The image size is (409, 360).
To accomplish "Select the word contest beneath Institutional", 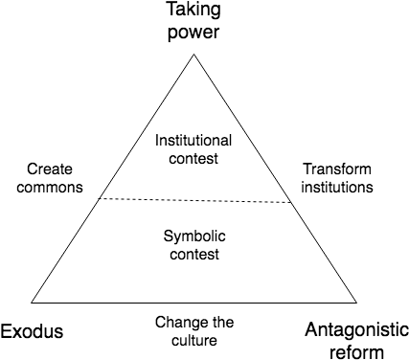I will (193, 158).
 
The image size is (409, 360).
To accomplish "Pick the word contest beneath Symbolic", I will (193, 255).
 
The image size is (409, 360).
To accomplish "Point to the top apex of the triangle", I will (194, 56).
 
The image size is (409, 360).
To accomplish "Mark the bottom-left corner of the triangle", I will (34, 302).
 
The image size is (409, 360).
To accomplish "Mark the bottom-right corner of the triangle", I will (355, 302).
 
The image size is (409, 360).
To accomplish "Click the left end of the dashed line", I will (101, 197).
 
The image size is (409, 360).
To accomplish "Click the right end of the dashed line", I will (289, 202).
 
